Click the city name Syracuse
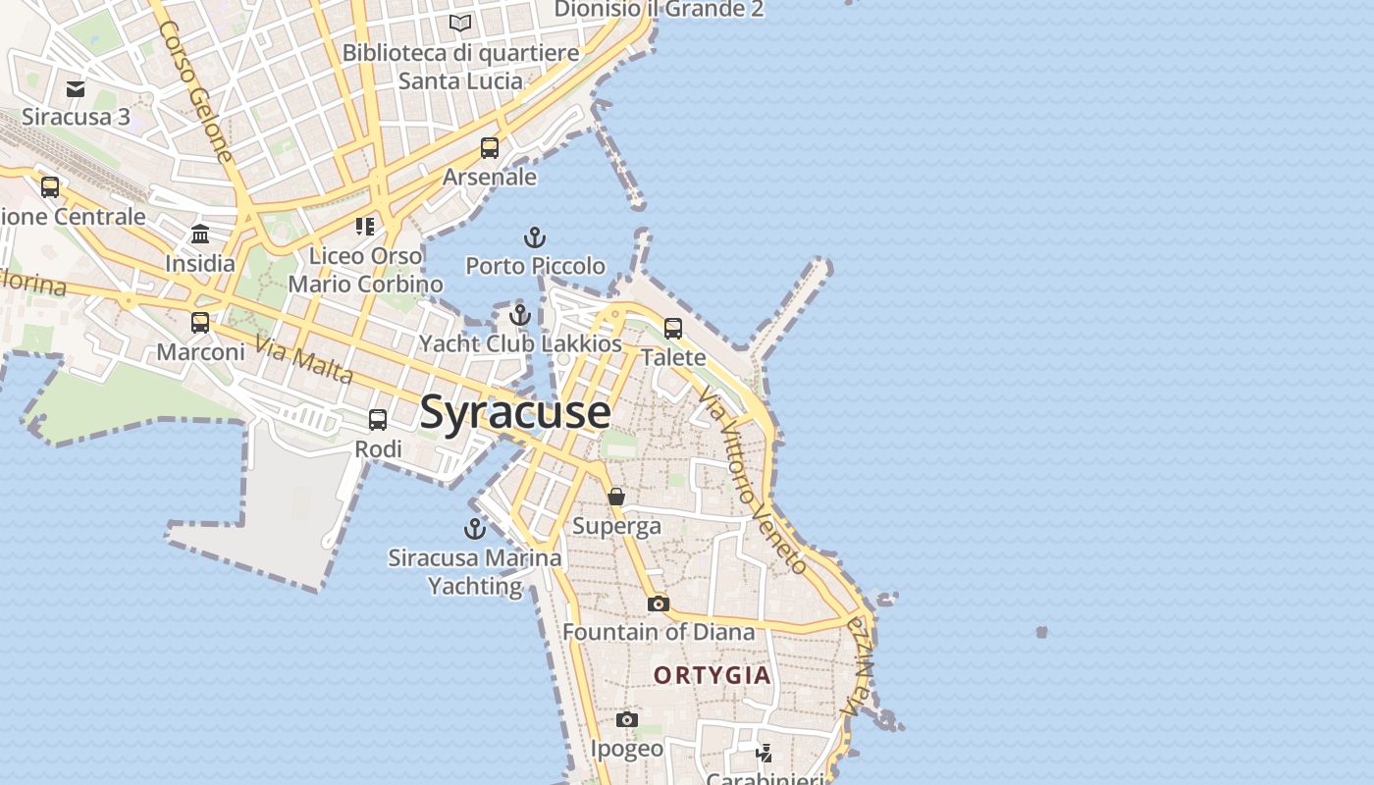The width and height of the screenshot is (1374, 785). click(515, 412)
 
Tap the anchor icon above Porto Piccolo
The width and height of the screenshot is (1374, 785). click(535, 237)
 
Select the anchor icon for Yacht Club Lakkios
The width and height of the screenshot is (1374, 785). click(520, 315)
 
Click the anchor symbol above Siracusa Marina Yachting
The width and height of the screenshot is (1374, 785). click(475, 529)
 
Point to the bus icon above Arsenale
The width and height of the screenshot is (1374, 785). click(490, 148)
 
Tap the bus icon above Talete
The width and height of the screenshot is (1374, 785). click(673, 329)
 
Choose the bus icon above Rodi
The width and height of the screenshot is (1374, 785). click(378, 420)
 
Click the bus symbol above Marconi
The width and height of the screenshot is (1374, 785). click(200, 322)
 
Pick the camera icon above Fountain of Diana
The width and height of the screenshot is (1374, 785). click(659, 603)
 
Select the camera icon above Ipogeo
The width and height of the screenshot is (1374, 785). click(627, 720)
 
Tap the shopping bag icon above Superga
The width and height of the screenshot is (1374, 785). click(616, 497)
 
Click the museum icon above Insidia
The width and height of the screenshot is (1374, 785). click(200, 234)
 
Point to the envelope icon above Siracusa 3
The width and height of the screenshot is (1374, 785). click(76, 89)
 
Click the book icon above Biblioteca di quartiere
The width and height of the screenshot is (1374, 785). click(460, 23)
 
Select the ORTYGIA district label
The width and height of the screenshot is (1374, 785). click(713, 675)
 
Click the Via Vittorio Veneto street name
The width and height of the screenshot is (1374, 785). click(753, 479)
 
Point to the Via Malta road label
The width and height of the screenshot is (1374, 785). click(304, 360)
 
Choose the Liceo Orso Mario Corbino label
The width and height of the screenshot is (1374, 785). click(365, 270)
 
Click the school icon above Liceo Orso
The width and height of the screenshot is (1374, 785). click(365, 228)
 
